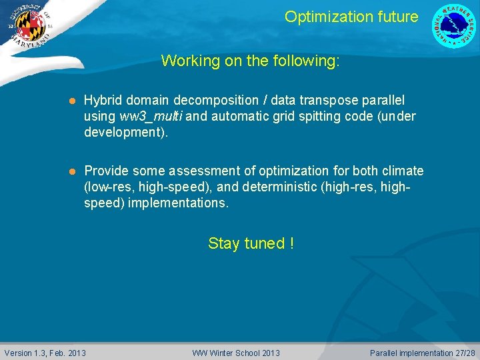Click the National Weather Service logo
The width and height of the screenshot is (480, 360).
[x=455, y=26]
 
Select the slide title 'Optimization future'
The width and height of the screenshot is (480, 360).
[x=351, y=17]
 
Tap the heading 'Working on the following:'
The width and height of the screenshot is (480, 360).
[x=250, y=61]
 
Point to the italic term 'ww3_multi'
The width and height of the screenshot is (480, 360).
[x=151, y=117]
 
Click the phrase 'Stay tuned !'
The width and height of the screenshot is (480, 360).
[x=251, y=243]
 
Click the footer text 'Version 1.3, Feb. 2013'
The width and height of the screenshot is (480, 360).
[x=45, y=353]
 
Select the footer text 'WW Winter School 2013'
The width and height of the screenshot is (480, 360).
[x=236, y=353]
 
